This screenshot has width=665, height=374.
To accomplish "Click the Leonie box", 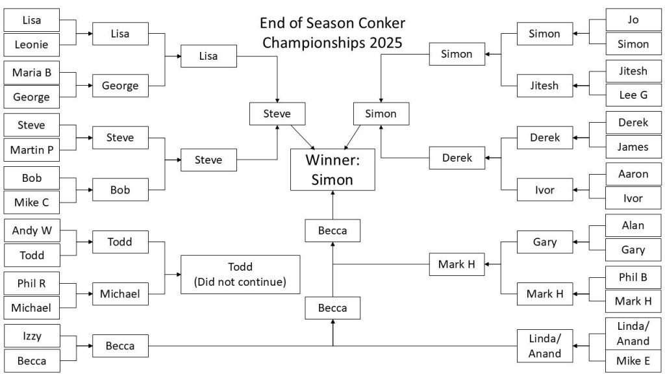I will pyautogui.click(x=31, y=45).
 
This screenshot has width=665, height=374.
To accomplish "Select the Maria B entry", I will pyautogui.click(x=31, y=73).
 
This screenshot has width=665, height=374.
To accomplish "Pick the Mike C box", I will pyautogui.click(x=31, y=203).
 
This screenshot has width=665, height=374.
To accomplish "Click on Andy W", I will pyautogui.click(x=31, y=231).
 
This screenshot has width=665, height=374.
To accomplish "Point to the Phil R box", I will pyautogui.click(x=31, y=282).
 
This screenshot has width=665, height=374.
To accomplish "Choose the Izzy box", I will pyautogui.click(x=31, y=336).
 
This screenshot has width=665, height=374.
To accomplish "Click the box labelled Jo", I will pyautogui.click(x=633, y=19).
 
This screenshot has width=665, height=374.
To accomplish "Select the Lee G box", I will pyautogui.click(x=633, y=94).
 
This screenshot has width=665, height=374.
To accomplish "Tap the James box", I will pyautogui.click(x=633, y=147).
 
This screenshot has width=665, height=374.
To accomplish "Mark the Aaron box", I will pyautogui.click(x=633, y=174).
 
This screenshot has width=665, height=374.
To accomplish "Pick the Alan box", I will pyautogui.click(x=633, y=225).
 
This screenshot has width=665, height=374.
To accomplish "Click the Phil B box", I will pyautogui.click(x=633, y=277).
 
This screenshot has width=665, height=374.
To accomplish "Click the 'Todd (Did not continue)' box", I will pyautogui.click(x=240, y=274).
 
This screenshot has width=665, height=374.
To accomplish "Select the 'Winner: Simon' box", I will pyautogui.click(x=332, y=169).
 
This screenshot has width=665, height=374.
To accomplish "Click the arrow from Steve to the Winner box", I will pyautogui.click(x=302, y=137).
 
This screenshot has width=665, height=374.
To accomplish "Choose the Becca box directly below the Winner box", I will pyautogui.click(x=332, y=231).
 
